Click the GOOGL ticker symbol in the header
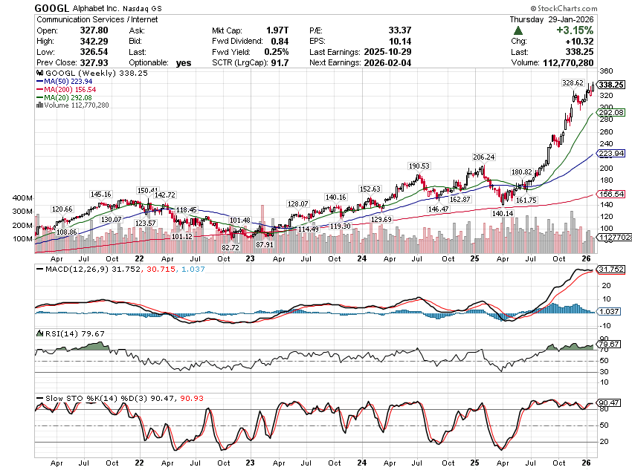pyautogui.click(x=55, y=7)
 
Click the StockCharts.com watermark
pyautogui.click(x=587, y=7)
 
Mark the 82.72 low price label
pyautogui.click(x=230, y=247)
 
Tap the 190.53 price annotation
pyautogui.click(x=419, y=166)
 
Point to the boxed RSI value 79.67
pyautogui.click(x=609, y=344)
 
